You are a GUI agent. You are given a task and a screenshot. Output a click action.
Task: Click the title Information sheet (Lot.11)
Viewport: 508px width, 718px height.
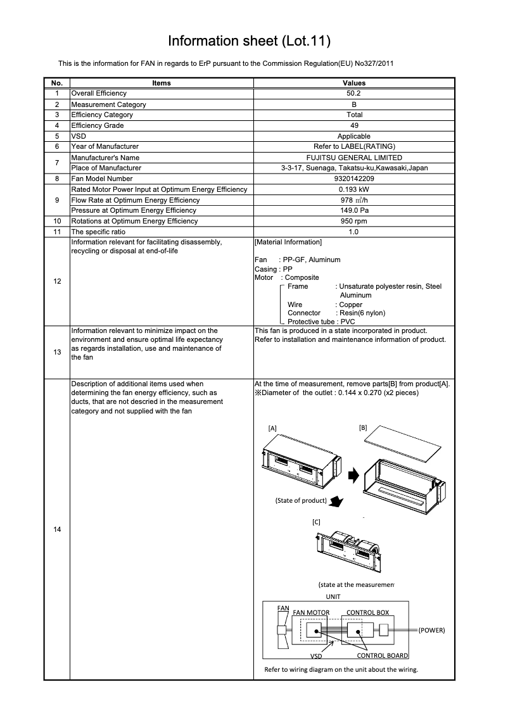coord(250,41)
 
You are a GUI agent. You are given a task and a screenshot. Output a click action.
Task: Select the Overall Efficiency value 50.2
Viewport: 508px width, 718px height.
coord(354,93)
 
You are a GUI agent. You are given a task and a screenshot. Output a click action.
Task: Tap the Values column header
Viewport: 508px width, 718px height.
coord(354,83)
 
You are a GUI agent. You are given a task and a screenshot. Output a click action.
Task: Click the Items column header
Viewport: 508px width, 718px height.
coord(162,83)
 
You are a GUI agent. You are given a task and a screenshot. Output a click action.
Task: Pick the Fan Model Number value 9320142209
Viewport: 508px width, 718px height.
coord(354,179)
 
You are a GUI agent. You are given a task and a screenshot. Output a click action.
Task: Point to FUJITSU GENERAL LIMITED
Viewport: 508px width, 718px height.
coord(354,158)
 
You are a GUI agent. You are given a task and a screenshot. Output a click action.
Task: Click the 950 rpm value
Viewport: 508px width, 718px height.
coord(354,221)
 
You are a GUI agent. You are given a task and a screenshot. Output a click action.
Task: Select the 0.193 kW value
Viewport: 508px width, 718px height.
coord(354,189)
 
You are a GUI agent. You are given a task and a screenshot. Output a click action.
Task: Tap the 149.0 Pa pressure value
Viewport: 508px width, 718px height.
coord(354,210)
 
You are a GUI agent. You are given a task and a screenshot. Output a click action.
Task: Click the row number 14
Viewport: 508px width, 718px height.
coord(57,529)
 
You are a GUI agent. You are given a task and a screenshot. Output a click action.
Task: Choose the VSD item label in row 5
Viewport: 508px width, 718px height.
coord(79,136)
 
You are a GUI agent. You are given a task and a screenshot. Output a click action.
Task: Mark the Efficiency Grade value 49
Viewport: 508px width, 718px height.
coord(354,125)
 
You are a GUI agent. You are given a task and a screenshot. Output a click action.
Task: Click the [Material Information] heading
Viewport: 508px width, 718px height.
coord(288,242)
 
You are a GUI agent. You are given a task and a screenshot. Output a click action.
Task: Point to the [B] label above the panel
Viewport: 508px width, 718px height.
coord(363,427)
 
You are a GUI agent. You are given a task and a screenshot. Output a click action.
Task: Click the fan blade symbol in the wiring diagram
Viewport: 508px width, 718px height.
coord(283,631)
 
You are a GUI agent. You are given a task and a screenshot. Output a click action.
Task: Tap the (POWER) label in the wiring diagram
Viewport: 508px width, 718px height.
coord(432,631)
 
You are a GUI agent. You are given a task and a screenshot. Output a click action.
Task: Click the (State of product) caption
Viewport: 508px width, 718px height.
coord(301,500)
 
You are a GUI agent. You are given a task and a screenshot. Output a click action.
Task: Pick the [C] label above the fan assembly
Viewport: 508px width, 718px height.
coord(316,522)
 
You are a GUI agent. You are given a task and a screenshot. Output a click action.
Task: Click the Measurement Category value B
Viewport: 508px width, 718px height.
coord(354,104)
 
